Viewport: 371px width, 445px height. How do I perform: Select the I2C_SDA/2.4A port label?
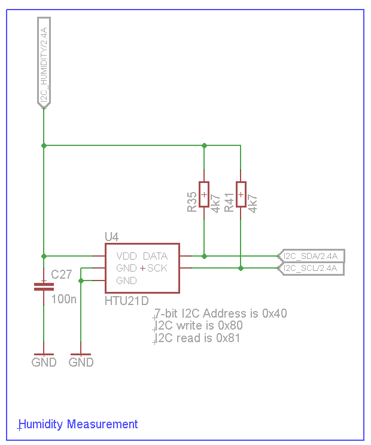tap(311, 256)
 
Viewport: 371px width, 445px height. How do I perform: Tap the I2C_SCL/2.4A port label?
tap(311, 269)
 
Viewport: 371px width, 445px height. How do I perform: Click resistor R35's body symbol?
tap(204, 194)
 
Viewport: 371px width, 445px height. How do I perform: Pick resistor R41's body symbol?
tap(241, 194)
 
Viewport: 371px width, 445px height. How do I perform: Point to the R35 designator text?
tap(192, 202)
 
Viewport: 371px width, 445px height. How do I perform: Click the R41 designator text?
tap(229, 202)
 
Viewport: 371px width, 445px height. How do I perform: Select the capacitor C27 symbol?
tap(44, 286)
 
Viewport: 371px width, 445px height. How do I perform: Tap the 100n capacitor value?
tap(65, 298)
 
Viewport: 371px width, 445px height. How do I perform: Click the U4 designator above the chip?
tap(112, 237)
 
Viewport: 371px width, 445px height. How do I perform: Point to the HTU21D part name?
tap(126, 300)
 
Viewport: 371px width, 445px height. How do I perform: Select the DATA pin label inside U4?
tap(155, 256)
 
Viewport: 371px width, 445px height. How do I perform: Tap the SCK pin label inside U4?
tap(157, 268)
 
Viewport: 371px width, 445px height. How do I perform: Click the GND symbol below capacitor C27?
tap(44, 359)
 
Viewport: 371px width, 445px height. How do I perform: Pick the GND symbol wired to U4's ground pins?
tap(81, 359)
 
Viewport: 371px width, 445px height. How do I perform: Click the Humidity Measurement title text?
tap(78, 424)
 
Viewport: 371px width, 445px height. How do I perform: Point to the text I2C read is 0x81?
tap(198, 338)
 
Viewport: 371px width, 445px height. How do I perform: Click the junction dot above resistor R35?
tap(204, 145)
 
